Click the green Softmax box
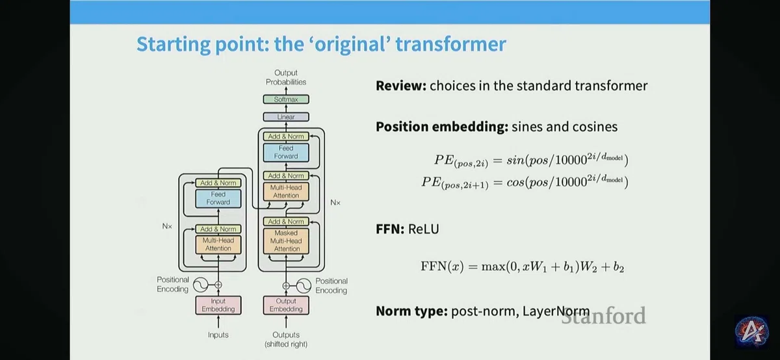[286, 99]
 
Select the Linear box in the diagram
[286, 116]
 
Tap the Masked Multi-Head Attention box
[286, 240]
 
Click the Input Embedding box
[218, 305]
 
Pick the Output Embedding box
[286, 305]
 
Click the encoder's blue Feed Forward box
[218, 198]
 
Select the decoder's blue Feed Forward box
[286, 152]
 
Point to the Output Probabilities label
[286, 77]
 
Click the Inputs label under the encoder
[218, 335]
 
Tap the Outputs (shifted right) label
[286, 339]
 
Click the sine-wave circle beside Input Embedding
[201, 285]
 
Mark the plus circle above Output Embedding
[286, 286]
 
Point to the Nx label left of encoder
[167, 226]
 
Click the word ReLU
[423, 229]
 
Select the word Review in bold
[401, 86]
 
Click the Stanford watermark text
[603, 315]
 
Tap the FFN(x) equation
[523, 266]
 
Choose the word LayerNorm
[556, 311]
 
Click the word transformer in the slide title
[450, 44]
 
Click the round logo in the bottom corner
[751, 332]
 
